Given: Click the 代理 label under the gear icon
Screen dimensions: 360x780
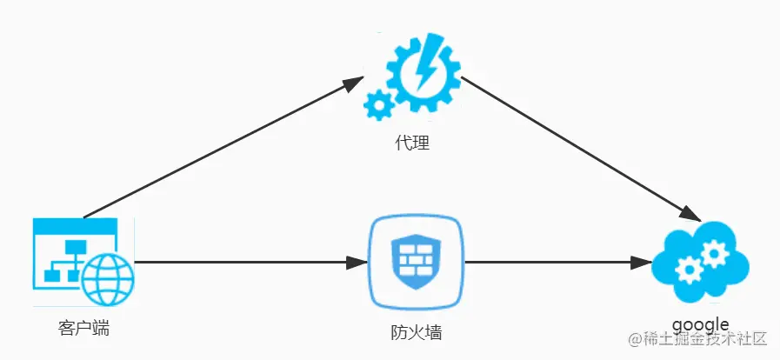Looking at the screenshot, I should [x=413, y=142].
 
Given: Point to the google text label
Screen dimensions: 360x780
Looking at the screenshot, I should [x=699, y=324].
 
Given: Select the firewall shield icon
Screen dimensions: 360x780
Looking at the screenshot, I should [x=414, y=262].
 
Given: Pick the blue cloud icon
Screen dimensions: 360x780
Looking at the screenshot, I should [x=699, y=260].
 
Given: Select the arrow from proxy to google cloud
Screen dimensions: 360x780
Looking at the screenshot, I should [x=574, y=144].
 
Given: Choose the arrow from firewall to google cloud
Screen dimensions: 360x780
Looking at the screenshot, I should [x=557, y=262].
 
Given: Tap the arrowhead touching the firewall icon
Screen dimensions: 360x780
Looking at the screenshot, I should [x=357, y=262].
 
